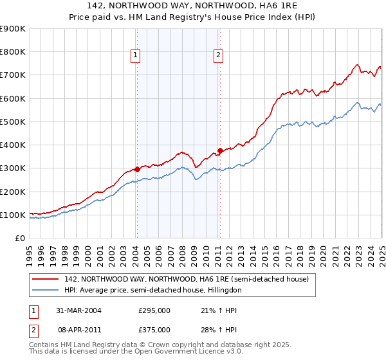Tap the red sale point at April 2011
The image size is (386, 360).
[220, 151]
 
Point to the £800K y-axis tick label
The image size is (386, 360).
[13, 52]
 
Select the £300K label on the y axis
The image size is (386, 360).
[13, 168]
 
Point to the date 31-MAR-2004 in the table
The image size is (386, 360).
[78, 310]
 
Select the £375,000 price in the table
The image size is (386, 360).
[154, 330]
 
